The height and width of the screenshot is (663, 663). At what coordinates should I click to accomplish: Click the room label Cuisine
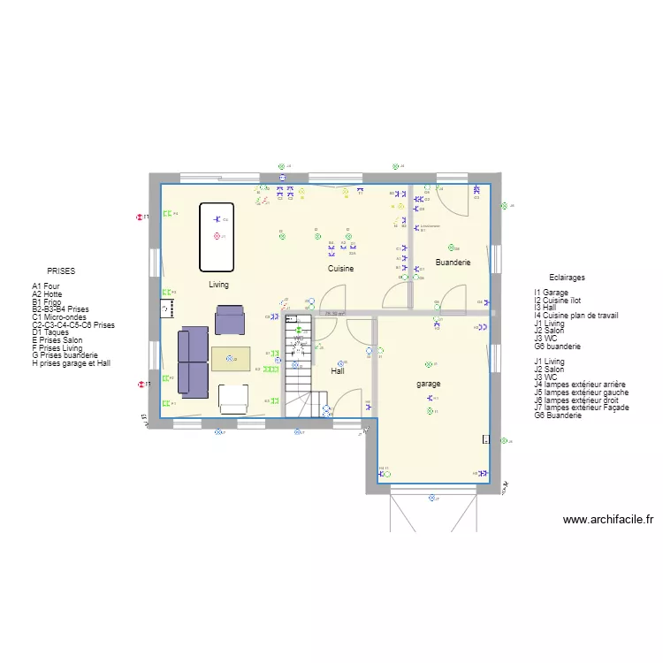coord(341,268)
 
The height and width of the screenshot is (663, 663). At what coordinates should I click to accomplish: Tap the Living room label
coord(218,285)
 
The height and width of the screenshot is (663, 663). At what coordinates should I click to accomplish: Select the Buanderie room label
coord(453,263)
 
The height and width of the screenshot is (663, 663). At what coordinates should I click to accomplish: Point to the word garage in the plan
coord(429,384)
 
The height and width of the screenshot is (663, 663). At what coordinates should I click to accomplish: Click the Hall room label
coord(338,371)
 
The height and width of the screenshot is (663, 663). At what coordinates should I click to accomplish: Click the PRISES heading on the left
coord(61,272)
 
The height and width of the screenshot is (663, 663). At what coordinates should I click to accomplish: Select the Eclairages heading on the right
coord(567,278)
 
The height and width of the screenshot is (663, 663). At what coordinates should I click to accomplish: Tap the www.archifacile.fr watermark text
coord(607,520)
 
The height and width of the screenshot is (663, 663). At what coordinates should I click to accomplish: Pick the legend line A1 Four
coord(46,286)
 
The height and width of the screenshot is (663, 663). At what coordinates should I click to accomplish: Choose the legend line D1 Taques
coord(50,332)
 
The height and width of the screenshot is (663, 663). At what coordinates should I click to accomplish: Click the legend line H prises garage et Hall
coord(71,363)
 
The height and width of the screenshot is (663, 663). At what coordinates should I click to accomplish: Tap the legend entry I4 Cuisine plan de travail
coord(575,316)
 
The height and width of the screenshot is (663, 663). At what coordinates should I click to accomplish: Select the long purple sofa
coord(194,362)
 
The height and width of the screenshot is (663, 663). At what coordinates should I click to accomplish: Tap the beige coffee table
coord(231,358)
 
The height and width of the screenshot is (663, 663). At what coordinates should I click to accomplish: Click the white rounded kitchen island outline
coord(217,237)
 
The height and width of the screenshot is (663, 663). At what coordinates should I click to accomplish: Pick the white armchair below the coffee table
coord(233,399)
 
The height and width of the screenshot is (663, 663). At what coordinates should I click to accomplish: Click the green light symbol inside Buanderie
coord(446,248)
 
